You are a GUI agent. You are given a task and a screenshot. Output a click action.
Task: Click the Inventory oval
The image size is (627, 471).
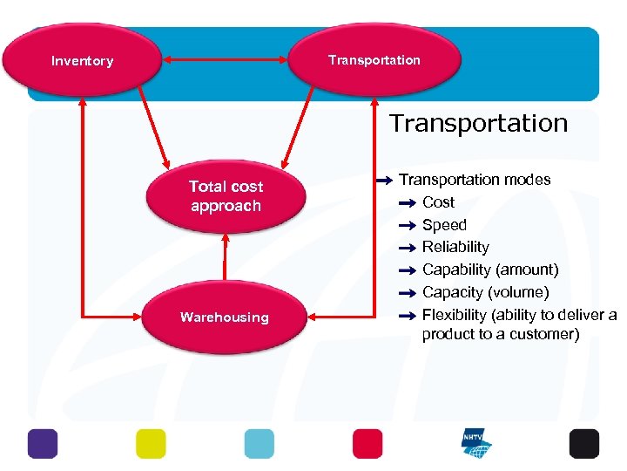click(82, 60)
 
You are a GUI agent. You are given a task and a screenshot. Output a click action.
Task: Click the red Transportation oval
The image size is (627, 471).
click(374, 59)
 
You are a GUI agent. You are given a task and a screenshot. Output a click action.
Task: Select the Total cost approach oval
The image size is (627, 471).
click(226, 196)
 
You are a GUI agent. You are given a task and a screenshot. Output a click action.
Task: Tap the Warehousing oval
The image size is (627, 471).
click(225, 317)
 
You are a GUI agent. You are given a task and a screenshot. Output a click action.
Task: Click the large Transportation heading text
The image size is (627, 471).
click(478, 123)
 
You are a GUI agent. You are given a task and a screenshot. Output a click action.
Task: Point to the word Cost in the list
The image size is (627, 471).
click(438, 202)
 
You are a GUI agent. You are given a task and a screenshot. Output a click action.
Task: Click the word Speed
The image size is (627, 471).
click(444, 225)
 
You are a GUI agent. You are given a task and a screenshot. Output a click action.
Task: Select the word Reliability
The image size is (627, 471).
click(455, 248)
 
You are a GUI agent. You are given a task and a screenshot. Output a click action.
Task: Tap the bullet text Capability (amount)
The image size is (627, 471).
click(490, 270)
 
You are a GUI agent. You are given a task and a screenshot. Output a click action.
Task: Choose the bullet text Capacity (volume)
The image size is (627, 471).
click(485, 292)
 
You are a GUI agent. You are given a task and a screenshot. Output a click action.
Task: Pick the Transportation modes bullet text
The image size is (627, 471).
click(475, 180)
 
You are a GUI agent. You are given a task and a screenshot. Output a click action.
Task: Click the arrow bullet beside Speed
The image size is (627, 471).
click(408, 225)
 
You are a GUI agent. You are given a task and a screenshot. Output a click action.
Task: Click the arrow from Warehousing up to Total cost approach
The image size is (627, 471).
click(225, 258)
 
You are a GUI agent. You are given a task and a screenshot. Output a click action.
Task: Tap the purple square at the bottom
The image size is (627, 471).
click(42, 443)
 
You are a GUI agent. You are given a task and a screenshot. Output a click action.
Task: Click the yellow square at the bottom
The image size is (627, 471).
click(150, 443)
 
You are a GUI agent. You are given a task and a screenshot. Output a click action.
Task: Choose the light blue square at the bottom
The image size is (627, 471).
click(259, 443)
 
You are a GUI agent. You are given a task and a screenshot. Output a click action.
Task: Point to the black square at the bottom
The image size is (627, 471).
click(583, 443)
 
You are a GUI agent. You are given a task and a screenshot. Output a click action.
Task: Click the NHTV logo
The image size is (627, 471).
click(475, 443)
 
